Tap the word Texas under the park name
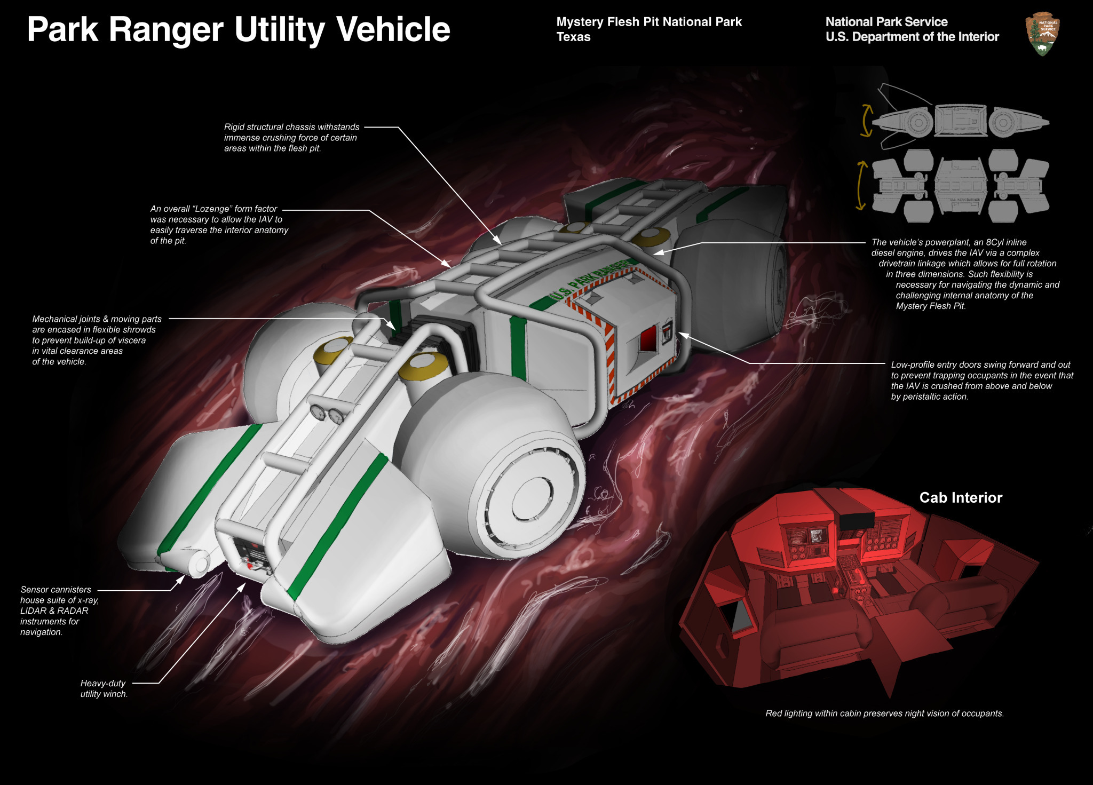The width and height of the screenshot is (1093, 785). (573, 37)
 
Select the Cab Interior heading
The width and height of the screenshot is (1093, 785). (961, 497)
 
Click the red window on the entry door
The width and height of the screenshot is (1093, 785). (648, 339)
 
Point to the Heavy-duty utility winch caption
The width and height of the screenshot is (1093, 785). (104, 688)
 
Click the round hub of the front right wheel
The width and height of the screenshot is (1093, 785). (532, 499)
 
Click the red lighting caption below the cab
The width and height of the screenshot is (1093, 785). (884, 713)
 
